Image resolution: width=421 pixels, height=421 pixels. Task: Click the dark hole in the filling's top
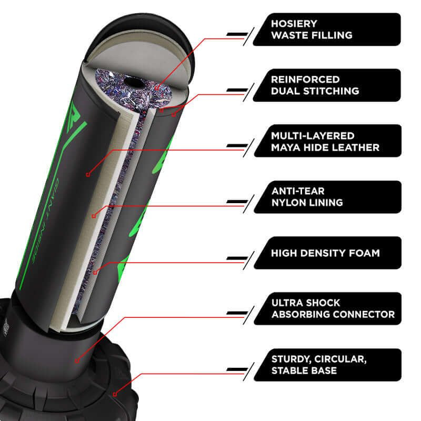click(x=134, y=82)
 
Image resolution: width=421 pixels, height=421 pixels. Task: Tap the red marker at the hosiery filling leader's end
click(x=157, y=88)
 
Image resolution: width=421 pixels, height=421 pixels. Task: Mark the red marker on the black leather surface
click(x=88, y=175)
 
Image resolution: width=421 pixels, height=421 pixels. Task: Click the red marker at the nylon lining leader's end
click(x=94, y=216)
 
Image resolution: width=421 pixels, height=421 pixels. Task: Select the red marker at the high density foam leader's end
click(x=95, y=273)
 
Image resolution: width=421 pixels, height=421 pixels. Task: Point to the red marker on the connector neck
click(x=77, y=361)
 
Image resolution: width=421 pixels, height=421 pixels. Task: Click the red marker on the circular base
click(x=115, y=394)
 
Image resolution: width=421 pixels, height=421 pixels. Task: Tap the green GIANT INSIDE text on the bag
click(x=45, y=220)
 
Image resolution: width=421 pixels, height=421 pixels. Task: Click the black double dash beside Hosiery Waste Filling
click(x=237, y=34)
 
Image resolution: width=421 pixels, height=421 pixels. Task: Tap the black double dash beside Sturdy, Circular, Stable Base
click(x=237, y=370)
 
